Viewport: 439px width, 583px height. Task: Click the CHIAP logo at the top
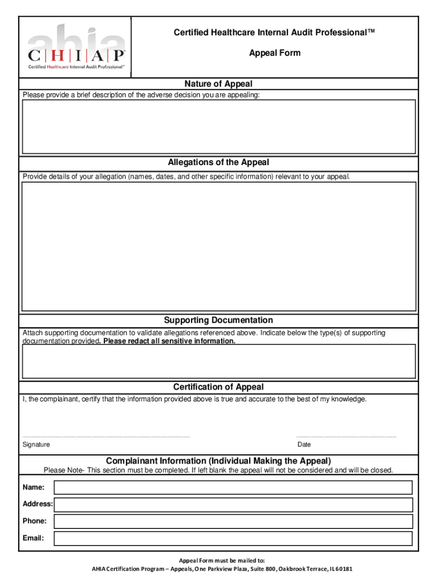click(76, 48)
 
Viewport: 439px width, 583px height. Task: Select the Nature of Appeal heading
click(218, 84)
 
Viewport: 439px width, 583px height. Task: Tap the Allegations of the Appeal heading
click(218, 163)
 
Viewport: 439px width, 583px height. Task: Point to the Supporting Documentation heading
click(218, 321)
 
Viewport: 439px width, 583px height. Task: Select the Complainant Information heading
click(218, 461)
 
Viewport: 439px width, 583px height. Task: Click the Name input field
click(233, 487)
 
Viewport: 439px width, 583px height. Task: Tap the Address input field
click(233, 504)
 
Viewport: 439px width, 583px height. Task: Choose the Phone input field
click(233, 521)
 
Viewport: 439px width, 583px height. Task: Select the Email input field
click(233, 538)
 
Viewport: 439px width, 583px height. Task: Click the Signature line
click(106, 436)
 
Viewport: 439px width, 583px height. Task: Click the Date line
click(346, 436)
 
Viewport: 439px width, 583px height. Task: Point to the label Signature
click(36, 445)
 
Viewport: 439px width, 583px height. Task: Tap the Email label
click(33, 538)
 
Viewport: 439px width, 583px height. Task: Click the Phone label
click(35, 521)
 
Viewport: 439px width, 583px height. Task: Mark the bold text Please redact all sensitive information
click(169, 342)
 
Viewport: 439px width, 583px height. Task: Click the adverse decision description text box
click(218, 127)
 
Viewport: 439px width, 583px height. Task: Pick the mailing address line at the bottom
click(218, 569)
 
